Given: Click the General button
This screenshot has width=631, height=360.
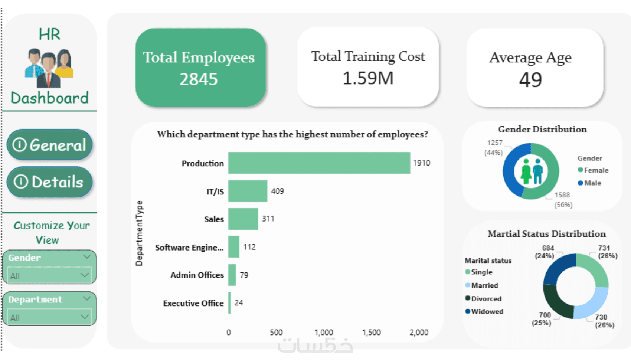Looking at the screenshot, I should [x=49, y=145].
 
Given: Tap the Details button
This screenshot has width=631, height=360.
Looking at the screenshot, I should [x=49, y=182].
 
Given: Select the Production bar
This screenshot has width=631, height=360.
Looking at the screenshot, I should [x=319, y=163].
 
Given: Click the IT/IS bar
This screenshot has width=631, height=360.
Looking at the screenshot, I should [x=248, y=191].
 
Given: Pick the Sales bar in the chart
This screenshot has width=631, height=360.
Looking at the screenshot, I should [x=243, y=219].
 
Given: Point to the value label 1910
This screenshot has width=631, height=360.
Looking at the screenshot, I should [x=421, y=163].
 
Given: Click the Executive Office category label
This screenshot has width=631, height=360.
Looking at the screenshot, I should [x=193, y=303].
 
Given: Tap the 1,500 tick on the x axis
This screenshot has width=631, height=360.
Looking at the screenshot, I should [x=371, y=332].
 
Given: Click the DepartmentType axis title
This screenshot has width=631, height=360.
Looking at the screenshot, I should [x=139, y=233].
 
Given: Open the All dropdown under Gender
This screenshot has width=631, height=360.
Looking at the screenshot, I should [x=49, y=276].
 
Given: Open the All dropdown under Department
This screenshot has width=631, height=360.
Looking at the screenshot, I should [x=49, y=317].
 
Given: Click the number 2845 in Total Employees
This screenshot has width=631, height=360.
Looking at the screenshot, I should [x=199, y=79].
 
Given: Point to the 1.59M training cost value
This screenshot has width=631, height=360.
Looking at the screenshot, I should [x=368, y=78].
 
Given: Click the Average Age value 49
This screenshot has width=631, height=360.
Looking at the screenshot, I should [x=530, y=80].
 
